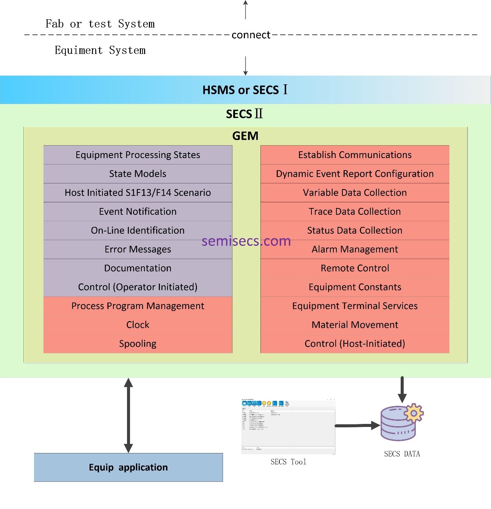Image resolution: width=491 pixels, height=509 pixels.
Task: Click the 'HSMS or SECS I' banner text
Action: pos(245,90)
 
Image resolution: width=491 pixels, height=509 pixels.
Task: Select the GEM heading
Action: pos(245,136)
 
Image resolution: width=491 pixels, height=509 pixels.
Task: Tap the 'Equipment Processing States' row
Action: pos(138,155)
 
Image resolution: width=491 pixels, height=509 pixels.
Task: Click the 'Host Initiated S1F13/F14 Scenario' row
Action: pos(138,193)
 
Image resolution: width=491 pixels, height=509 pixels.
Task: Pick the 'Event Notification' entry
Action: pos(138,212)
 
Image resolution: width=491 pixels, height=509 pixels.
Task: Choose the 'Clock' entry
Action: pos(138,325)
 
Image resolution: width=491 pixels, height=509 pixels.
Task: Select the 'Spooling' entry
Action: pos(138,344)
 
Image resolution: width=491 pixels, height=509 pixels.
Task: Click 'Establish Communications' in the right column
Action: pos(355,155)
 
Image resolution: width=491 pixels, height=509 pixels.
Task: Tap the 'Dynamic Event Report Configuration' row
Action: pos(355,174)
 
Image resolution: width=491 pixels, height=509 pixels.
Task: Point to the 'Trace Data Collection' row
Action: pos(355,212)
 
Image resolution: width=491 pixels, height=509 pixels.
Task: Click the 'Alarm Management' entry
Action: pos(355,250)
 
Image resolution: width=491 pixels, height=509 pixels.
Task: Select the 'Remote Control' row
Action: pos(355,268)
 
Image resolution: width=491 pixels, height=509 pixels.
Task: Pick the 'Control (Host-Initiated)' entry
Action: pos(355,344)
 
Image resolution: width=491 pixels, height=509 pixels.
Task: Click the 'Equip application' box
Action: pos(129,467)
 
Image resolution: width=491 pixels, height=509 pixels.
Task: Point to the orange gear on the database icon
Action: pos(414,413)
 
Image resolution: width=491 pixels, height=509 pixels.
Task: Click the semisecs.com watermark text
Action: pos(246,241)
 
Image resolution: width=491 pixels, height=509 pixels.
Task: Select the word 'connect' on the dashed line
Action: pos(251,35)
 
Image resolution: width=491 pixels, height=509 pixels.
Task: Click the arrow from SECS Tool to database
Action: pos(357,425)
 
